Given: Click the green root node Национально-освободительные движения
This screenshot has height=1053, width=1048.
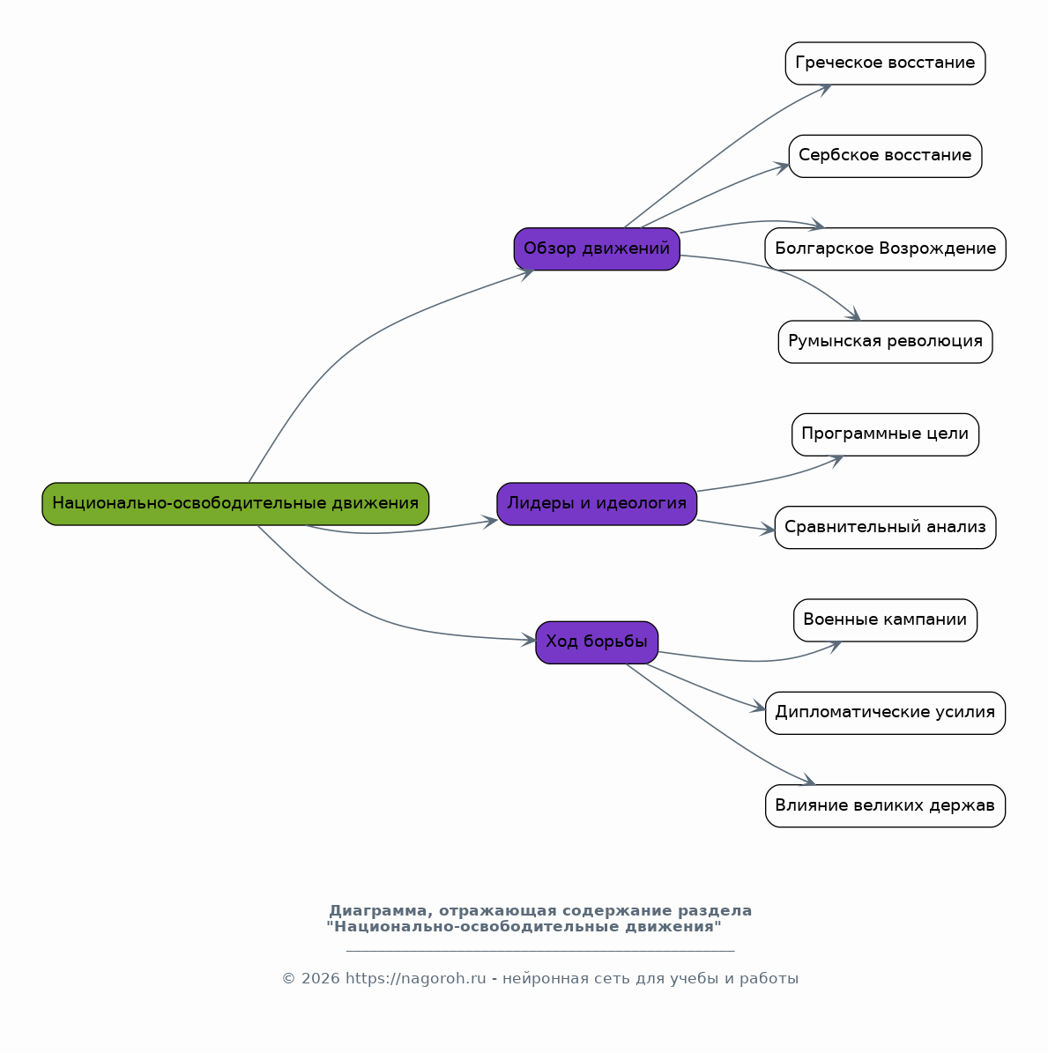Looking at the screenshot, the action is (x=235, y=504).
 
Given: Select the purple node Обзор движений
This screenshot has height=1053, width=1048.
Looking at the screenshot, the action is (x=597, y=249).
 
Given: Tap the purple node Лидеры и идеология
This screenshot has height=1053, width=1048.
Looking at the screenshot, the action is (x=597, y=504).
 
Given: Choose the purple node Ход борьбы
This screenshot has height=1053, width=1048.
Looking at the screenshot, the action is (x=597, y=642).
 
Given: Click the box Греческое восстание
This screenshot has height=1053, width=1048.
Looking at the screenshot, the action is (x=886, y=63).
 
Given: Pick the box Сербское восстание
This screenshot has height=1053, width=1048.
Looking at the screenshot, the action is (x=886, y=157).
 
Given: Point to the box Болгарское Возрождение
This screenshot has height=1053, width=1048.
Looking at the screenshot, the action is (x=886, y=249).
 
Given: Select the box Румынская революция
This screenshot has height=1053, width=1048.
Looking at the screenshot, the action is (x=886, y=342).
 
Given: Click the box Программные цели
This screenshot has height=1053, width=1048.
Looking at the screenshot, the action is (x=886, y=434).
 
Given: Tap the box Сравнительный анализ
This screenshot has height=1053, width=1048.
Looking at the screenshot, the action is (x=886, y=527).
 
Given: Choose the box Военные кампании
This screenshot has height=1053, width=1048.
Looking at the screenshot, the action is (x=886, y=620).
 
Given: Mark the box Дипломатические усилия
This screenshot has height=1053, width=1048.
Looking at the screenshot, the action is (x=886, y=713).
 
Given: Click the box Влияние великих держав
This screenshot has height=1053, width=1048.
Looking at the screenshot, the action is (x=886, y=806).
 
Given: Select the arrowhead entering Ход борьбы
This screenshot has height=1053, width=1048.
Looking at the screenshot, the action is (x=529, y=640).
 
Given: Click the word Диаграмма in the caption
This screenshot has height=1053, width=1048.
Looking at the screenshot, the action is (x=377, y=910).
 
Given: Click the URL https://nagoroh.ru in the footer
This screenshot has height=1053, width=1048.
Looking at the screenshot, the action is (x=415, y=978).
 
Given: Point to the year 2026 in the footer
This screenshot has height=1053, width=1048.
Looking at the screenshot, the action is (x=321, y=978).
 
